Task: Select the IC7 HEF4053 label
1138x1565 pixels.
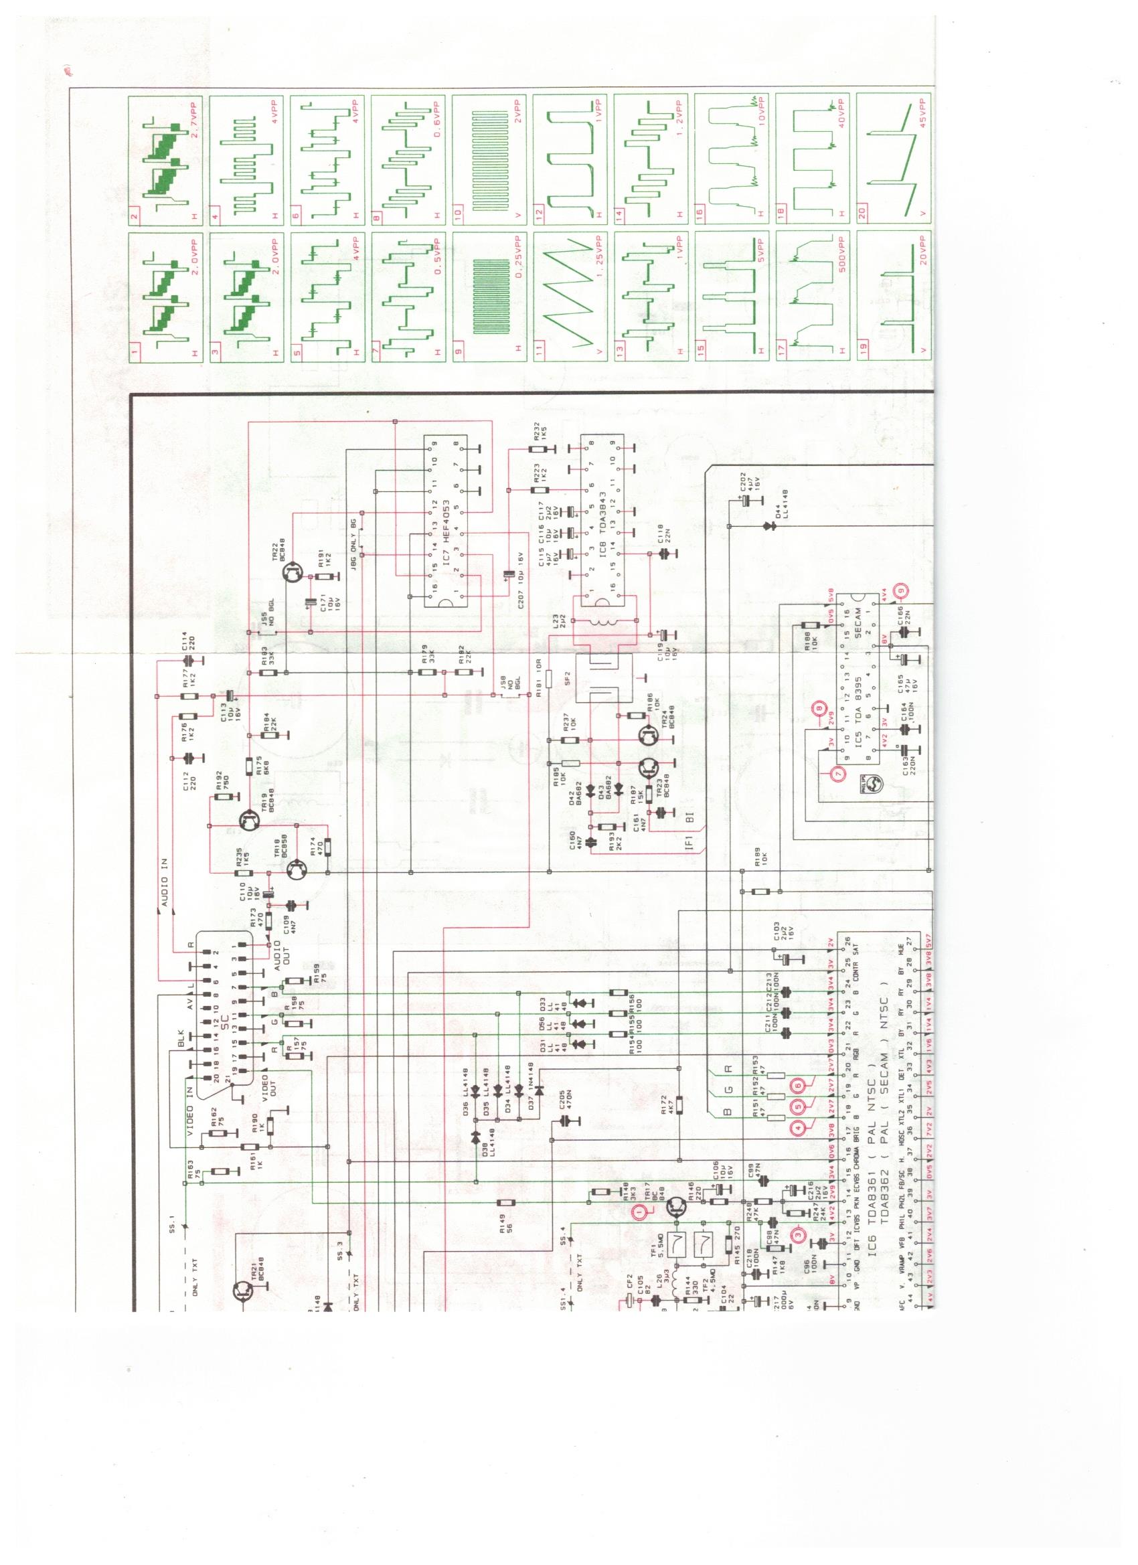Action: click(x=447, y=524)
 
